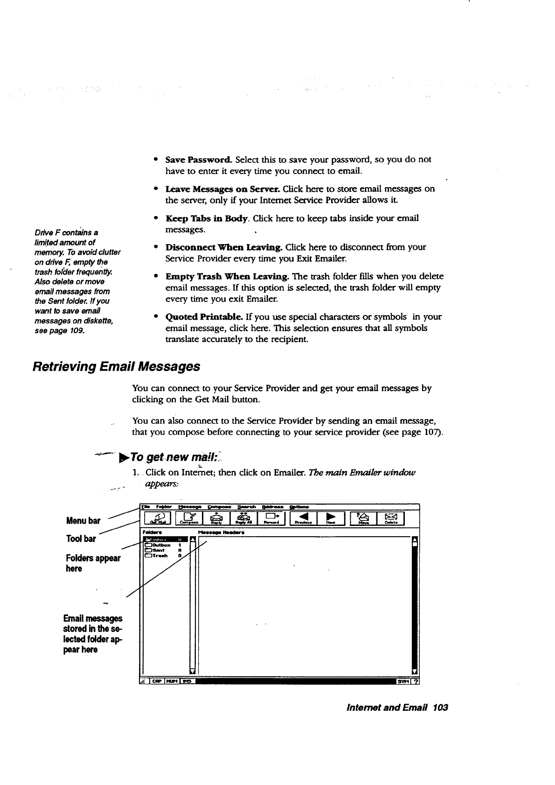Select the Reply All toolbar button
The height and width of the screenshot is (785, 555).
pyautogui.click(x=243, y=519)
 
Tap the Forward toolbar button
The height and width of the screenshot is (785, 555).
pyautogui.click(x=271, y=519)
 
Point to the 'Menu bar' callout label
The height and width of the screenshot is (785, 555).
pyautogui.click(x=83, y=521)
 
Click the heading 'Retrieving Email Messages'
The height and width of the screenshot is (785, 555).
pyautogui.click(x=117, y=366)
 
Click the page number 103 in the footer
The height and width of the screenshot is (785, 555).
pyautogui.click(x=440, y=708)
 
